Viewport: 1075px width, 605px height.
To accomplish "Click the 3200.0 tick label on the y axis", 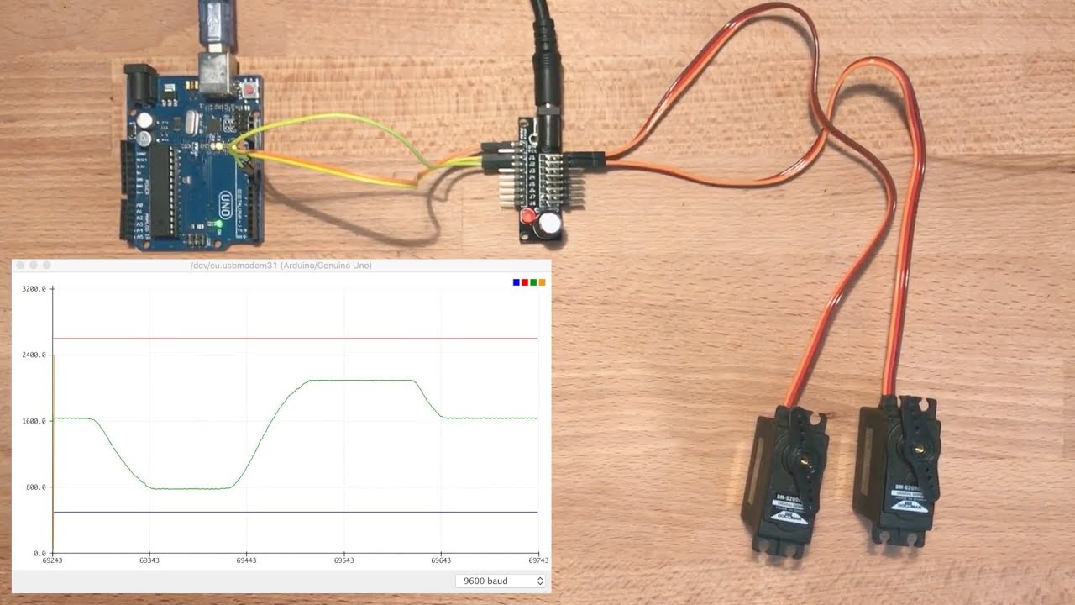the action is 34,289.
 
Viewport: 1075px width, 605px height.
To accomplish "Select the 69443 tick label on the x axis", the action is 247,560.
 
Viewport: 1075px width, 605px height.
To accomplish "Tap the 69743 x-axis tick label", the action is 538,560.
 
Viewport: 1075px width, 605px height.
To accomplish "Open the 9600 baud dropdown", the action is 501,581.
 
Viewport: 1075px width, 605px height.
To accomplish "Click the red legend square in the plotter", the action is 525,282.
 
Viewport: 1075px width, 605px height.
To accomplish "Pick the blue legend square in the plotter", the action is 517,282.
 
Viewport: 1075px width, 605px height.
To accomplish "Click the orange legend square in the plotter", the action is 542,282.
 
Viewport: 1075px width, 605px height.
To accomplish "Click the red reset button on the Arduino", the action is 249,88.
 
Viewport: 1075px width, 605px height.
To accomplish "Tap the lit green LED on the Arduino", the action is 219,224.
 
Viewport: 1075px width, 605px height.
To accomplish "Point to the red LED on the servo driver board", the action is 528,217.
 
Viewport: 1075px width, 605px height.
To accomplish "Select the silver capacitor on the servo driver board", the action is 551,224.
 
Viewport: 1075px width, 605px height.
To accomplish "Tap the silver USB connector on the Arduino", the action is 217,72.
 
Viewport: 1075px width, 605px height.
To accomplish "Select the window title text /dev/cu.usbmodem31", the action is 281,266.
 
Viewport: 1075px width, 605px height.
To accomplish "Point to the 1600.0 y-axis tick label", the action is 34,421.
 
